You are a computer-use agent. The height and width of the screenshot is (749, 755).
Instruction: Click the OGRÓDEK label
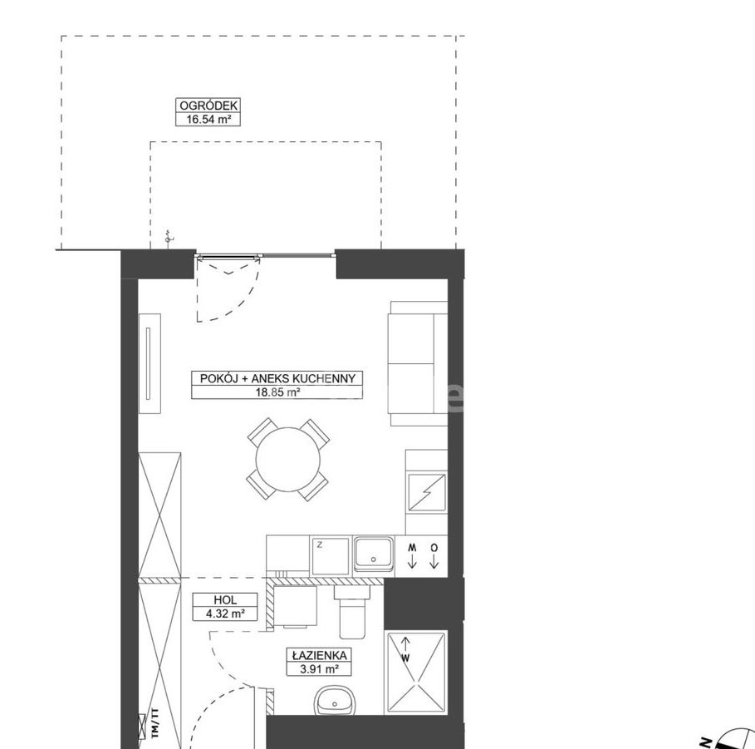(x=208, y=106)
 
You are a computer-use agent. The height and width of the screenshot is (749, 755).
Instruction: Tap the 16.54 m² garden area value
(x=208, y=119)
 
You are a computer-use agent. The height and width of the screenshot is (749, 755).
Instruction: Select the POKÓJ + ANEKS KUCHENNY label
(x=277, y=378)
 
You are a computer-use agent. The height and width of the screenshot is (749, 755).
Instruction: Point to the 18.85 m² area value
(x=277, y=392)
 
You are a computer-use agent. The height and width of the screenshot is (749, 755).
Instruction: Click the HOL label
(x=225, y=600)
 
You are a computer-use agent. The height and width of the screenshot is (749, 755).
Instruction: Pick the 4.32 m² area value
(x=225, y=614)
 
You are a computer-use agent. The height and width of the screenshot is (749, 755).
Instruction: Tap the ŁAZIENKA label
(x=319, y=656)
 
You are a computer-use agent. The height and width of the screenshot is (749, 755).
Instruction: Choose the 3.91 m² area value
(x=319, y=669)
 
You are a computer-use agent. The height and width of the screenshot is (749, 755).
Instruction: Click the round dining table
(x=288, y=460)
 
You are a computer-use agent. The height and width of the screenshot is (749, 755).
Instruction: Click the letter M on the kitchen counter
(x=412, y=548)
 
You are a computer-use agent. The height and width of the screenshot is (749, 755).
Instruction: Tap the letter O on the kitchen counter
(x=434, y=548)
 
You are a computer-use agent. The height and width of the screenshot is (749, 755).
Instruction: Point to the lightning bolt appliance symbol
(x=427, y=492)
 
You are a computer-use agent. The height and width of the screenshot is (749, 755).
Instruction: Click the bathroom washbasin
(x=334, y=701)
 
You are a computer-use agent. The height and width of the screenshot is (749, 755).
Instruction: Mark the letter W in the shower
(x=406, y=658)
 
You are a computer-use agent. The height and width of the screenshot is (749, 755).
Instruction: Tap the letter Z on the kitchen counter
(x=320, y=545)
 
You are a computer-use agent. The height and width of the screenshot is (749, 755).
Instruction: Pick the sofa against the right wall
(x=418, y=363)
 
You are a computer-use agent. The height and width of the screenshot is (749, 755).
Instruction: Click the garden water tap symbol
(x=168, y=238)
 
